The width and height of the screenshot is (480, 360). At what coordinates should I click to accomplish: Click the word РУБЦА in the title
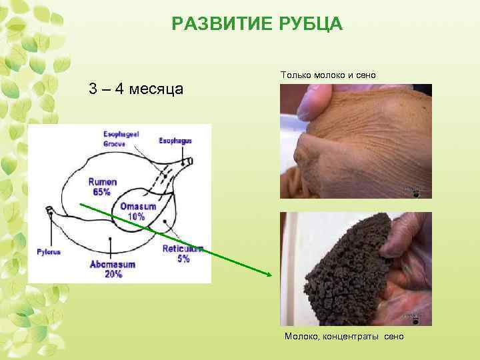[307, 25]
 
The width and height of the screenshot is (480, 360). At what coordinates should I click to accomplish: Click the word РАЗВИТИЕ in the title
[217, 25]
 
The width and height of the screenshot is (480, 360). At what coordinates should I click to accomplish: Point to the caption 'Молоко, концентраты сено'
[344, 337]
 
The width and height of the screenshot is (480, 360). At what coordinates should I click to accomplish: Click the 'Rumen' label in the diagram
[102, 181]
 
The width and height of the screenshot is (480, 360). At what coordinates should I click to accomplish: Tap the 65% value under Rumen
[102, 192]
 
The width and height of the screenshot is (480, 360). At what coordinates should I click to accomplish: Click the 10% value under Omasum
[136, 216]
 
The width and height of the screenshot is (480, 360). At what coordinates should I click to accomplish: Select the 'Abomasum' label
[113, 265]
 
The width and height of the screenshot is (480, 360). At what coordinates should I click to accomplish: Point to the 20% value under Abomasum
[113, 275]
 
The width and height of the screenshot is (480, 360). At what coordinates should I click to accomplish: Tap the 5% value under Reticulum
[183, 259]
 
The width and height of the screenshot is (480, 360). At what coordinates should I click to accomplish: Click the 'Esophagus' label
[175, 141]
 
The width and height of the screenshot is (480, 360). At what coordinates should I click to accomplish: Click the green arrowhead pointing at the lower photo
[269, 274]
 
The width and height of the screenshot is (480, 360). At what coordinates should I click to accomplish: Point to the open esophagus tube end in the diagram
[189, 161]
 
